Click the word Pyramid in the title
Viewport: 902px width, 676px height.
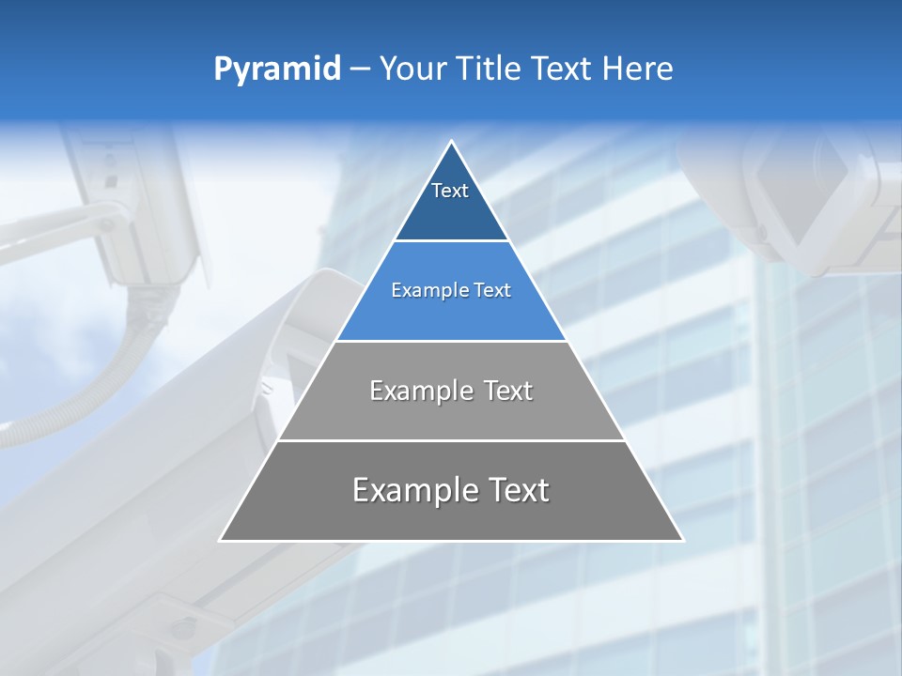point(276,69)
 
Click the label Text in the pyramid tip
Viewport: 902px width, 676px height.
point(450,191)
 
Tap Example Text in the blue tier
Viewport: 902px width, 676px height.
point(451,290)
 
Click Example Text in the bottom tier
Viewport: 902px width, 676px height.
point(451,490)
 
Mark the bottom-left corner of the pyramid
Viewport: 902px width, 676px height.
point(221,540)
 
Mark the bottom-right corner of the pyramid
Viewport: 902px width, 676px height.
point(682,540)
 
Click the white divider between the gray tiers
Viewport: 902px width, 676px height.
point(451,440)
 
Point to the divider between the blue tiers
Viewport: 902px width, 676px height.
point(451,241)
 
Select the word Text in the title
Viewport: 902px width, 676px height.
point(563,69)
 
